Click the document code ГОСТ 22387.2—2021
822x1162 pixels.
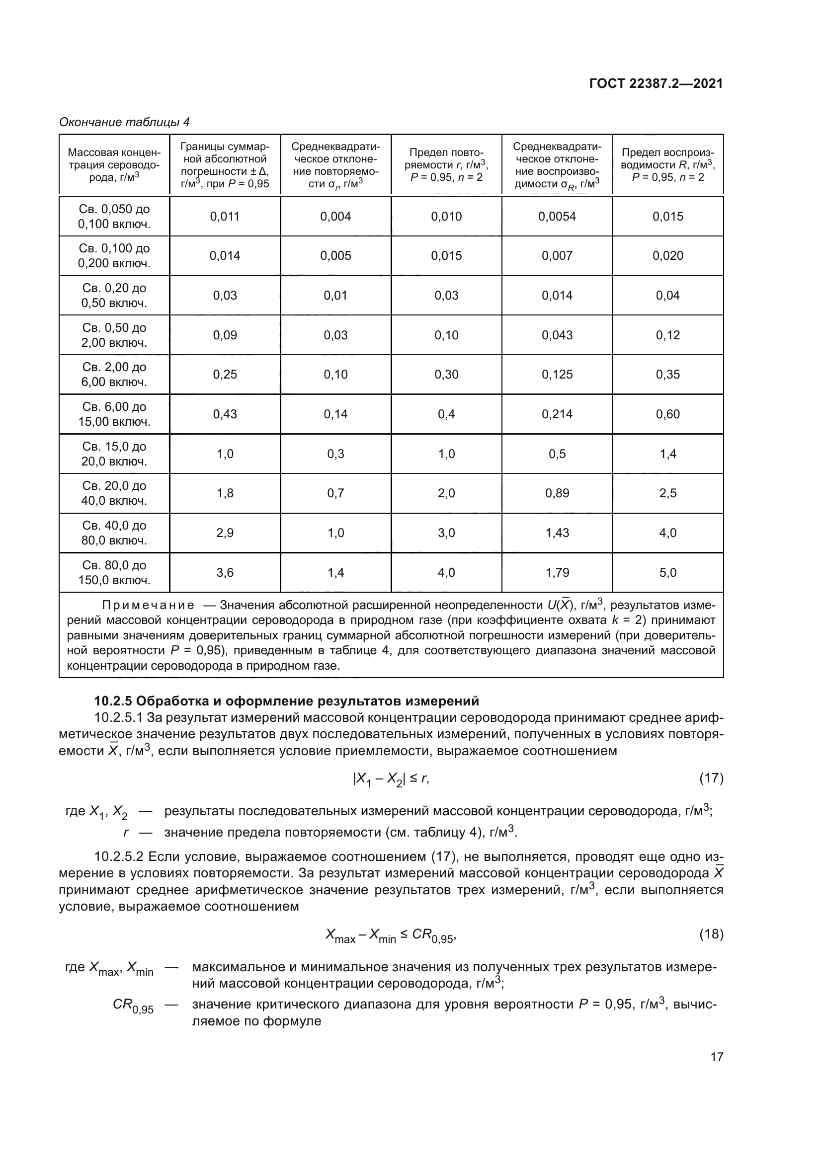pos(656,83)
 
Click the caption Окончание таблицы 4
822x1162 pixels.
pos(124,122)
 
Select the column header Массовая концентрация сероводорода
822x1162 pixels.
pos(114,165)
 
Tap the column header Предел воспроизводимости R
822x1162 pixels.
pos(667,165)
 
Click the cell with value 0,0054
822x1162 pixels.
pos(557,217)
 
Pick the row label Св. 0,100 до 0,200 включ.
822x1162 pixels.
pos(114,255)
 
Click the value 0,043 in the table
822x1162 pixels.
pos(557,335)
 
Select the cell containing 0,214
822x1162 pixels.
pos(557,414)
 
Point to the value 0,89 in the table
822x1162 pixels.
pos(557,493)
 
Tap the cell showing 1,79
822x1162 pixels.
pos(557,572)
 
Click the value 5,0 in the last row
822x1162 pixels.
pos(667,572)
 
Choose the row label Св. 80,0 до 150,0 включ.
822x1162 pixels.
pos(114,572)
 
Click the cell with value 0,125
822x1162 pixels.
pos(557,375)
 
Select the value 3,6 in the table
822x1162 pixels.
pos(225,572)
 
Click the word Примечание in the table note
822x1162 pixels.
pos(148,605)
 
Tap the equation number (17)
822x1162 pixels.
pos(711,778)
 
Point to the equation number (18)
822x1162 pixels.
pos(711,934)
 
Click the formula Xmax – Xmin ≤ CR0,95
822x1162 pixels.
pos(391,935)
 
